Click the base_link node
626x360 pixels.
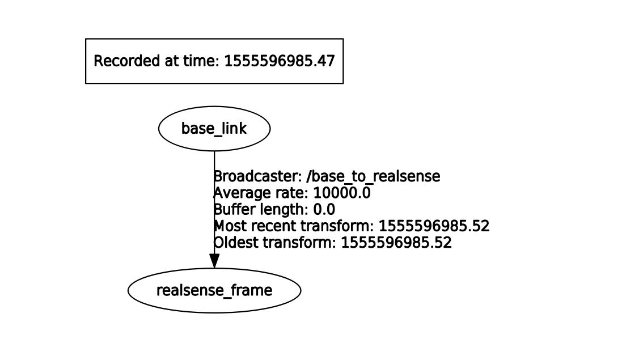(x=214, y=129)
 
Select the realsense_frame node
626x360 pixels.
(x=214, y=291)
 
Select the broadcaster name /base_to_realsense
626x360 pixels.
(x=373, y=177)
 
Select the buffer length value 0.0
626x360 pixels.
(x=324, y=210)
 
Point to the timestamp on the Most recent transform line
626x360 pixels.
(x=434, y=226)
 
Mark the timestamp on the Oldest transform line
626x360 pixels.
(x=396, y=243)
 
